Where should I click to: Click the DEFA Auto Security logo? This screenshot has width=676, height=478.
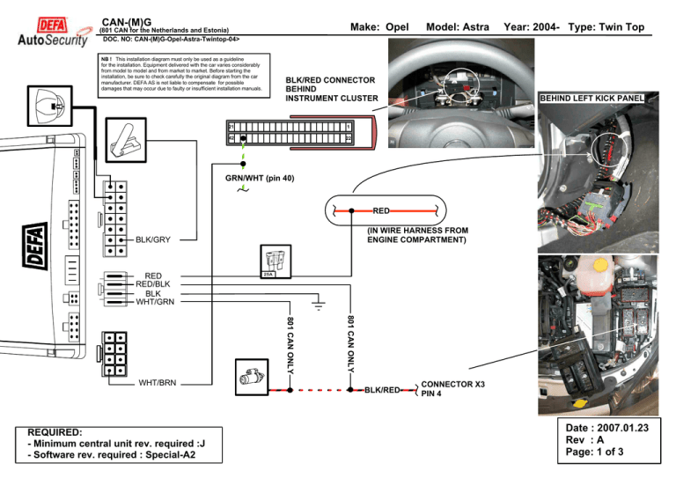52,31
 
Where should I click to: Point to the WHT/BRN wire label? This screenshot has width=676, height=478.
158,383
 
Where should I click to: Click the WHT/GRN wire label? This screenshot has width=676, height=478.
155,302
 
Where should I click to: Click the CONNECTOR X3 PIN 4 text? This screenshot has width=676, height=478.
452,389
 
